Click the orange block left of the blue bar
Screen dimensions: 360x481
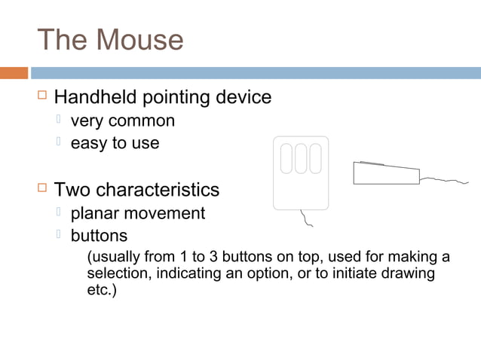[x=14, y=73]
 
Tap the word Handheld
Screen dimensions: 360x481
[x=93, y=98]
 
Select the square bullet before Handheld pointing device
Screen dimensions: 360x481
[x=42, y=96]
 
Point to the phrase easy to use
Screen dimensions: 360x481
[x=115, y=143]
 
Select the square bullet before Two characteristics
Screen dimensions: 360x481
[x=42, y=188]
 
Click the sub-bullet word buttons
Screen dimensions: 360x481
[x=99, y=235]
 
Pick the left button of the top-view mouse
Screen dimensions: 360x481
[x=286, y=158]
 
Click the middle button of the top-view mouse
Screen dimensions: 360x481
[x=301, y=158]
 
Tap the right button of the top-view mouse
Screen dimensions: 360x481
[x=315, y=158]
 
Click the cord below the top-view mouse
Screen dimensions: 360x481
[x=307, y=219]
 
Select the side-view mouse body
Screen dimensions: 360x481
[x=385, y=174]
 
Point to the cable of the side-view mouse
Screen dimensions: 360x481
[x=445, y=180]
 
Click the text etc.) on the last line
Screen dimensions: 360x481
[x=102, y=289]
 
